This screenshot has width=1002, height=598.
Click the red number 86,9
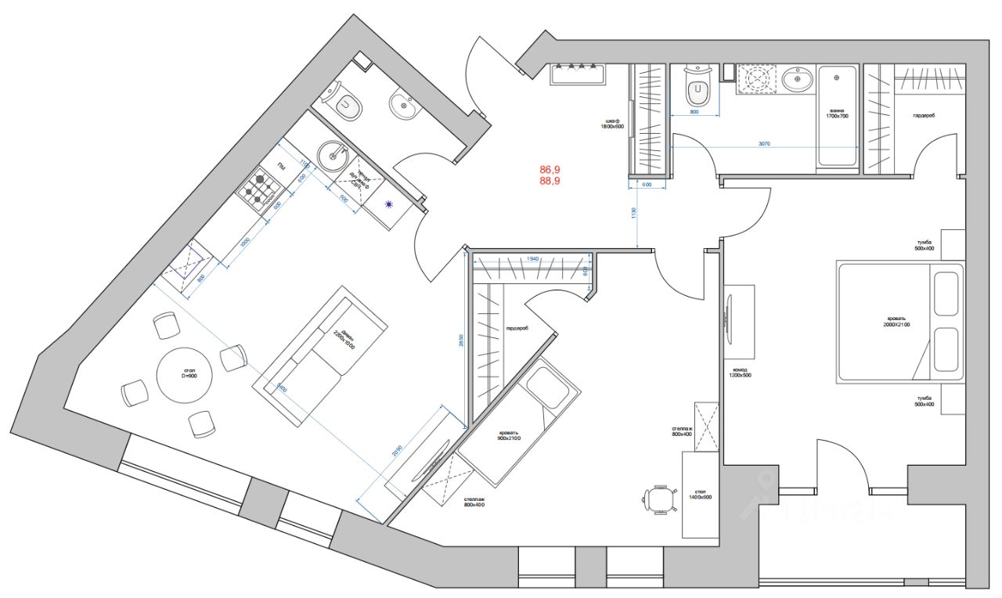[x=551, y=169]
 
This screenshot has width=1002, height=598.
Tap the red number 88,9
[x=551, y=181]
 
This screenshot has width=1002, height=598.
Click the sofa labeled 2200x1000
[x=321, y=356]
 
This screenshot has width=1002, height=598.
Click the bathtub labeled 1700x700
[x=838, y=116]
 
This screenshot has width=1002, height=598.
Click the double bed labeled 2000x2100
[x=900, y=322]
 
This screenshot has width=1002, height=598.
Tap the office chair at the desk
[x=659, y=498]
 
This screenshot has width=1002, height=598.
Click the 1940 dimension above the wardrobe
[x=532, y=258]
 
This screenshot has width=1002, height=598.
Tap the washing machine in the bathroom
[x=757, y=80]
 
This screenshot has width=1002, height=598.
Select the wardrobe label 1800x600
[x=611, y=123]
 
